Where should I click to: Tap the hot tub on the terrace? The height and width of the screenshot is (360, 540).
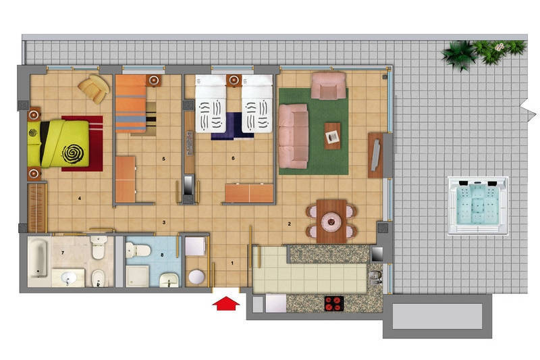[478, 205]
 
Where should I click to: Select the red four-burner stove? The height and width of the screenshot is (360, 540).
[334, 303]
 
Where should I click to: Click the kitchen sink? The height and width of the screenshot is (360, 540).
[375, 278]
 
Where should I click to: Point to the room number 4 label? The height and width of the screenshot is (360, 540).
[80, 198]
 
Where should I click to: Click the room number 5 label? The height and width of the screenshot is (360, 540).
[163, 159]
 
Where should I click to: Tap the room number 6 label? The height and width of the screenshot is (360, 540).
[233, 158]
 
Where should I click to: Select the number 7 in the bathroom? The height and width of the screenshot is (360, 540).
[63, 253]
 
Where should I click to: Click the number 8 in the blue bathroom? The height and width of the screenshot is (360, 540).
[162, 255]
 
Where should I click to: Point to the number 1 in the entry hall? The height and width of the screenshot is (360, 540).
[232, 263]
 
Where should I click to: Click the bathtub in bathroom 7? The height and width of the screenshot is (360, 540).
[38, 259]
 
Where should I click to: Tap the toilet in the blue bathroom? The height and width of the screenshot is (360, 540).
[138, 250]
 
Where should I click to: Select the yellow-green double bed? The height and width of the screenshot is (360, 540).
[58, 144]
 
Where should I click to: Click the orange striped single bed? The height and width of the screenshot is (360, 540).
[131, 104]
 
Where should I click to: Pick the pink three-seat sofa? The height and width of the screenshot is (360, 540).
[294, 136]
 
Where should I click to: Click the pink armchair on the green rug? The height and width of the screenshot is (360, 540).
[329, 85]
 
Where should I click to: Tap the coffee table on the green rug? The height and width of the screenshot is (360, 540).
[332, 136]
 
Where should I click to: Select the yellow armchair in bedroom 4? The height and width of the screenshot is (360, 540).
[94, 88]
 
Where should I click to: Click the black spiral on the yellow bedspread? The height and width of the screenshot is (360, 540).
[73, 153]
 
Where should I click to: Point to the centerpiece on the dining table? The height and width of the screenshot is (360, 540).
[331, 222]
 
